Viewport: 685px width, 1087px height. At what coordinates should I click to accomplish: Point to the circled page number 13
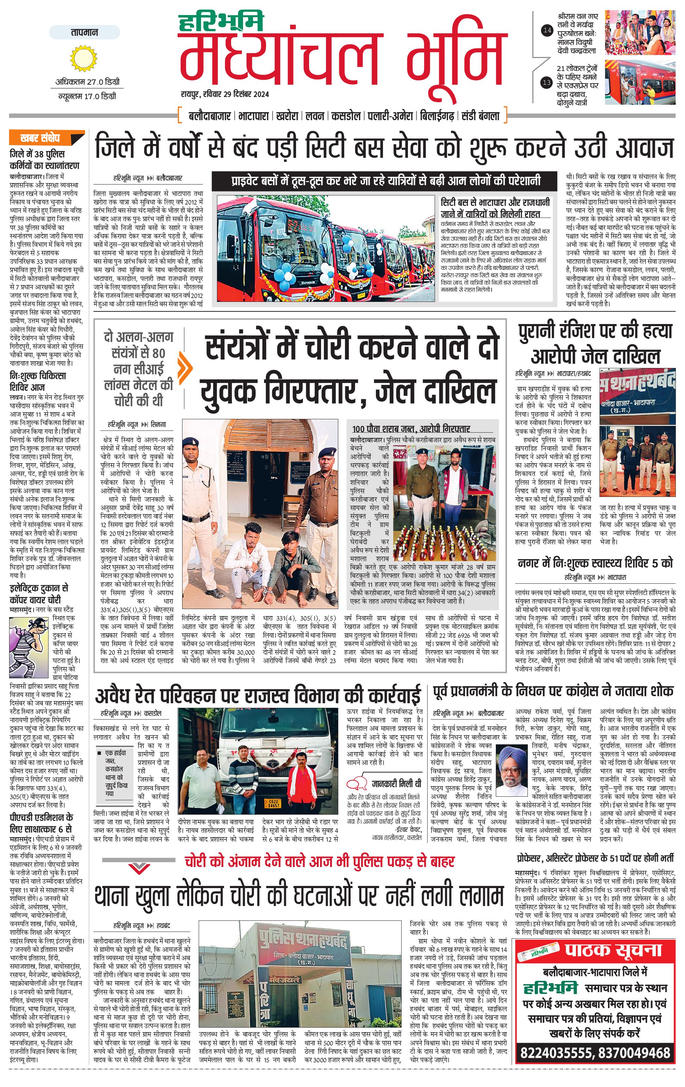[547, 82]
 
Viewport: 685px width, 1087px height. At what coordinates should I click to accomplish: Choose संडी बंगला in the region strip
[481, 116]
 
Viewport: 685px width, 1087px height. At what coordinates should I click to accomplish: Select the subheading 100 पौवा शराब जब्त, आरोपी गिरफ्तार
[411, 428]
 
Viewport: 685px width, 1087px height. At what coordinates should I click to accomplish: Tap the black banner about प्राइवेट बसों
[386, 181]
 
